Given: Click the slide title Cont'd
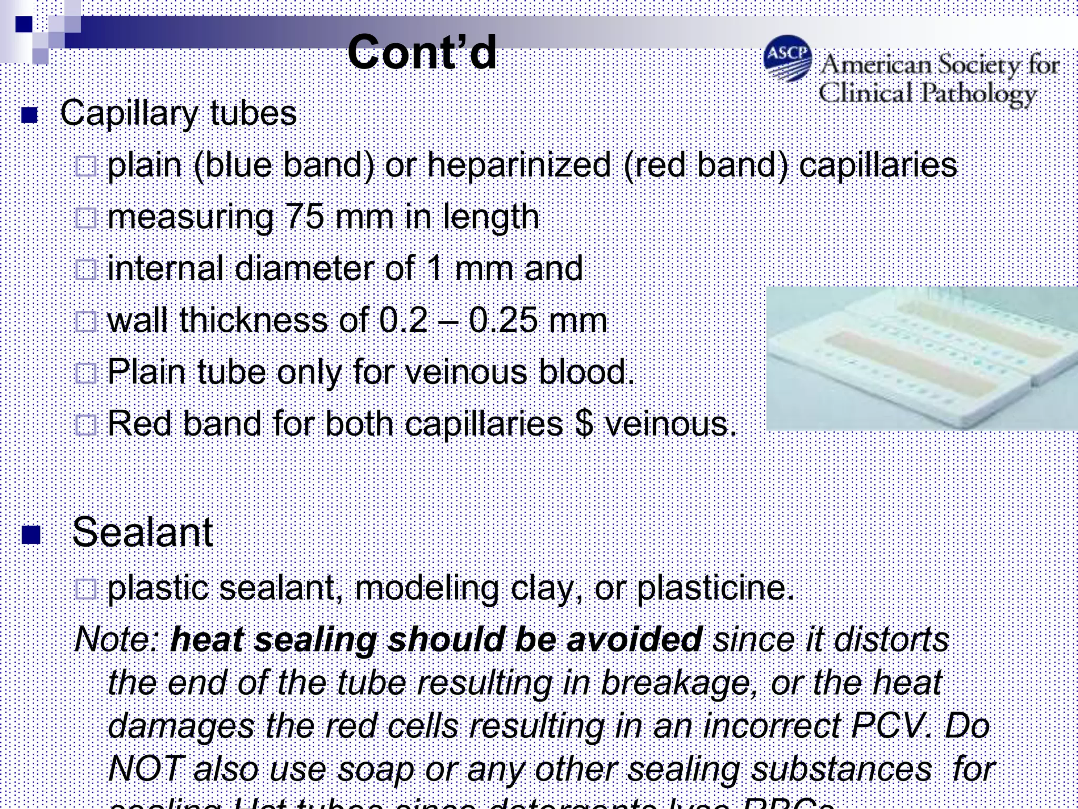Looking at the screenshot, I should click(x=422, y=53).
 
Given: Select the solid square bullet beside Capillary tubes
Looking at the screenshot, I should click(x=29, y=115).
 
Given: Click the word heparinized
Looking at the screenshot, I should click(x=518, y=165).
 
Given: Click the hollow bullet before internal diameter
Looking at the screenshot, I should click(x=86, y=270).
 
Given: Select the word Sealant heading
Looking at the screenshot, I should click(x=143, y=532).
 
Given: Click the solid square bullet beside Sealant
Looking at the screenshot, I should click(x=31, y=535).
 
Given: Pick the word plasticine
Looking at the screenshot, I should click(x=715, y=588).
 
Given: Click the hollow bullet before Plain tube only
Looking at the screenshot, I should click(x=86, y=373).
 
